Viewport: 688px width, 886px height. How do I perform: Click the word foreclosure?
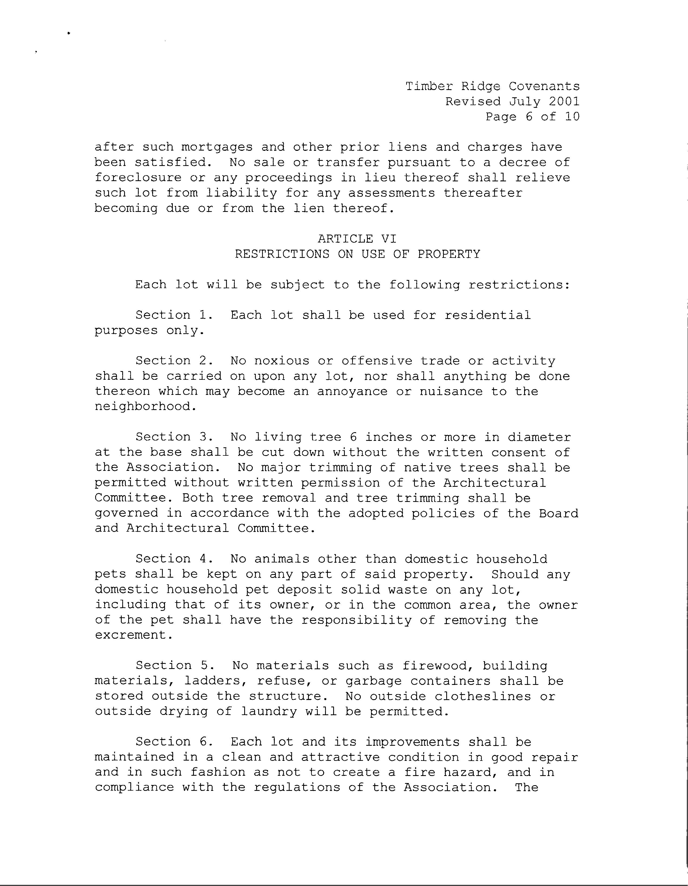[x=138, y=178]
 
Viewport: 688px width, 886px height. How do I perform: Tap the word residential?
[x=488, y=315]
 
